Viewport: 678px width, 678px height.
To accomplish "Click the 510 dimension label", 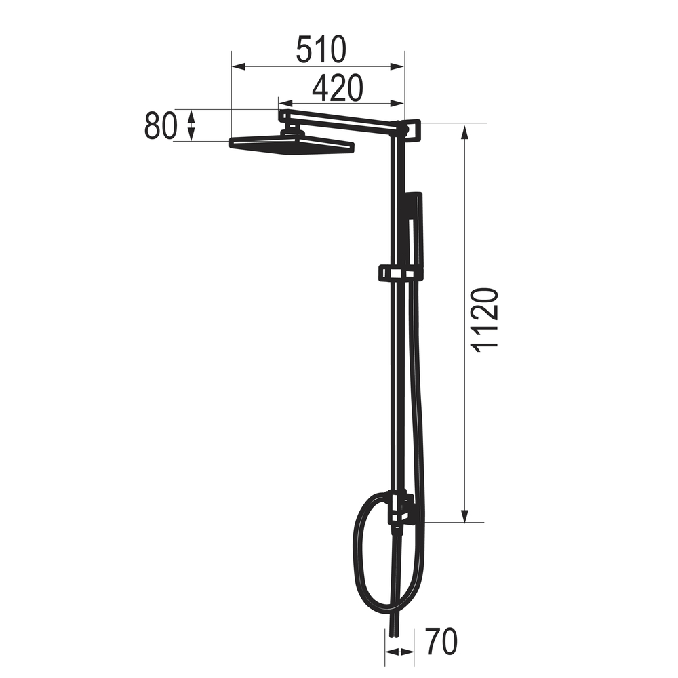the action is pyautogui.click(x=321, y=49).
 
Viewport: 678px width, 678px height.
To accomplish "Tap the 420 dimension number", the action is pyautogui.click(x=337, y=88).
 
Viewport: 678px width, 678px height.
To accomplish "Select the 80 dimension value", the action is pyautogui.click(x=161, y=126).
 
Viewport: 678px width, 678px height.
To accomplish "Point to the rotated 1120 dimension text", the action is pyautogui.click(x=486, y=320).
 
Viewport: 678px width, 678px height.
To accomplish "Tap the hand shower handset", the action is pyautogui.click(x=414, y=229).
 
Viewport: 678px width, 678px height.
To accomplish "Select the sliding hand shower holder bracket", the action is pyautogui.click(x=401, y=273).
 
